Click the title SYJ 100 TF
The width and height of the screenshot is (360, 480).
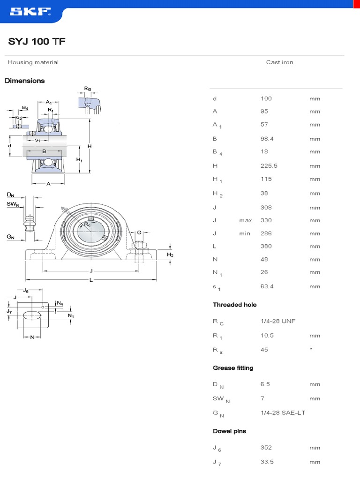(37, 42)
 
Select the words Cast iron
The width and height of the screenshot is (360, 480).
(279, 62)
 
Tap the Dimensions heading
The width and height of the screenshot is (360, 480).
(25, 81)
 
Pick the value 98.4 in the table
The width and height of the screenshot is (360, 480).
(267, 139)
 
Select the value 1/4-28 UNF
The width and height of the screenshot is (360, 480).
(278, 321)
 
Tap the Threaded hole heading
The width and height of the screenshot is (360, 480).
(234, 305)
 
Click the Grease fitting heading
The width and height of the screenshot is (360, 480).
(233, 368)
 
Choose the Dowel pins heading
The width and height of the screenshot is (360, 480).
(229, 431)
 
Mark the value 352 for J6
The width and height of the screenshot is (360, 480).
(266, 448)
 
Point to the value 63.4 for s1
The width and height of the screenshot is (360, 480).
(267, 286)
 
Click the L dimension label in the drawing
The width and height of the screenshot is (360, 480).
(91, 280)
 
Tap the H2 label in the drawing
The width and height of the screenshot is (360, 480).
(171, 255)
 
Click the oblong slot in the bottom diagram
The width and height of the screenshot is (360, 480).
(32, 315)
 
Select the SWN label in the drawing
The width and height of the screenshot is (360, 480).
(13, 204)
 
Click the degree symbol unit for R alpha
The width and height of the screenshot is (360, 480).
(311, 349)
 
